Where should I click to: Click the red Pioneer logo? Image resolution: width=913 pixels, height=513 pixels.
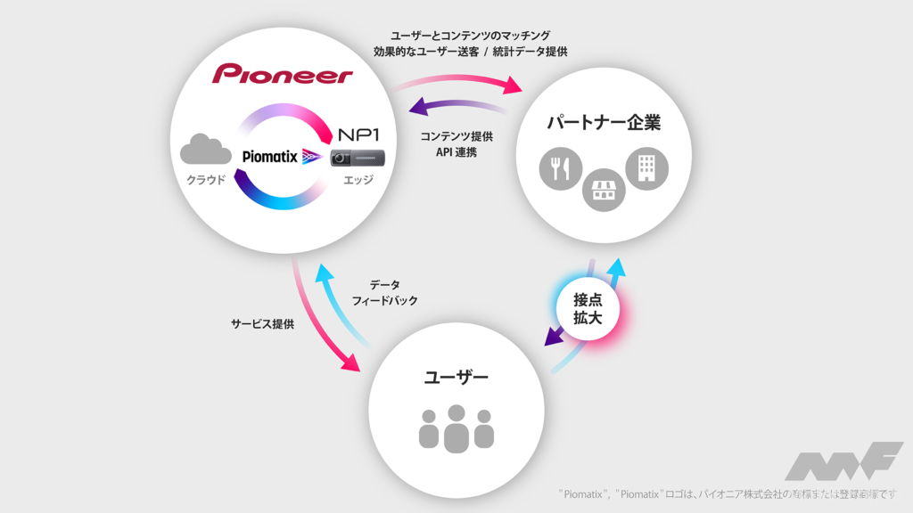tap(282, 73)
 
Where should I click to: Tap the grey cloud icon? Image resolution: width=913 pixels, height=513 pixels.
tap(206, 149)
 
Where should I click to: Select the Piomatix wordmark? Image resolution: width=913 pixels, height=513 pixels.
tap(270, 156)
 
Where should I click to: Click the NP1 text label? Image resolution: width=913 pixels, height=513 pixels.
tap(358, 134)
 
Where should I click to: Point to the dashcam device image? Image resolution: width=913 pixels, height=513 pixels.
tap(358, 158)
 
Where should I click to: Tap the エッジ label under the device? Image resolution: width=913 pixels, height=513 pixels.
tap(357, 181)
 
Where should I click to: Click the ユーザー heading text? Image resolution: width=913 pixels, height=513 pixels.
tap(456, 378)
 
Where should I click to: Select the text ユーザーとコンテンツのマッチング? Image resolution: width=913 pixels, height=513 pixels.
tap(471, 35)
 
